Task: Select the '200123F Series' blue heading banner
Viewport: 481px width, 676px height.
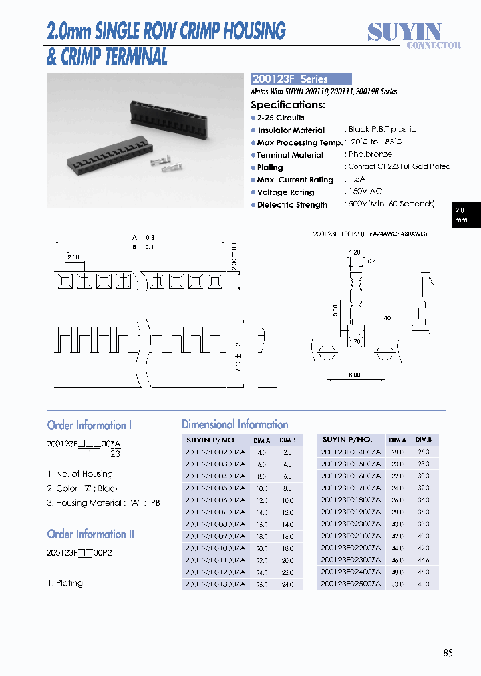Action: (x=301, y=79)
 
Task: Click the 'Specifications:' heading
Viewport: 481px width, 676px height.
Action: (x=287, y=105)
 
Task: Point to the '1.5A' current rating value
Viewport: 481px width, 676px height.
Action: (x=358, y=180)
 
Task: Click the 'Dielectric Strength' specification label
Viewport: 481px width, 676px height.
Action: (x=292, y=205)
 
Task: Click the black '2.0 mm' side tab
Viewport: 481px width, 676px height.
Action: (x=465, y=215)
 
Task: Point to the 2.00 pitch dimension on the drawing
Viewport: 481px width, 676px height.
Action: (x=73, y=257)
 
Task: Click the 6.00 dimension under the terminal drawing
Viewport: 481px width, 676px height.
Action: (x=354, y=375)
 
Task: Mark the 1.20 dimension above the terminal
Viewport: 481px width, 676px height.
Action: (x=354, y=252)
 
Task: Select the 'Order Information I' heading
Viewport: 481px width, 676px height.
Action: (x=90, y=426)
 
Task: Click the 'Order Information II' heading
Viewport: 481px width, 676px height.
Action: (x=91, y=534)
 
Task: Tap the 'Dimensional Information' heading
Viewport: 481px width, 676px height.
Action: (x=235, y=425)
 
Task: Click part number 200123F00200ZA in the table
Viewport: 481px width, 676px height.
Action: (x=214, y=452)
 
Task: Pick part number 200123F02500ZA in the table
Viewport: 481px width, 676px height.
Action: (x=351, y=584)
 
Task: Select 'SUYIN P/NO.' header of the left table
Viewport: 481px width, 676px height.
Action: (x=210, y=440)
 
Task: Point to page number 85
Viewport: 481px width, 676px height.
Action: (x=447, y=653)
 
